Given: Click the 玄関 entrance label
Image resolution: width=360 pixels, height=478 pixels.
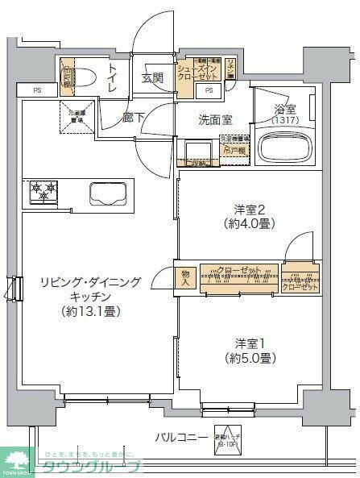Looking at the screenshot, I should pyautogui.click(x=153, y=78).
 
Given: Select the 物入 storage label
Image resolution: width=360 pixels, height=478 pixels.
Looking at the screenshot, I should pyautogui.click(x=185, y=278).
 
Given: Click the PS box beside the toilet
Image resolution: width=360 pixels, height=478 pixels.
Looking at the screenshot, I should pyautogui.click(x=37, y=89).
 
